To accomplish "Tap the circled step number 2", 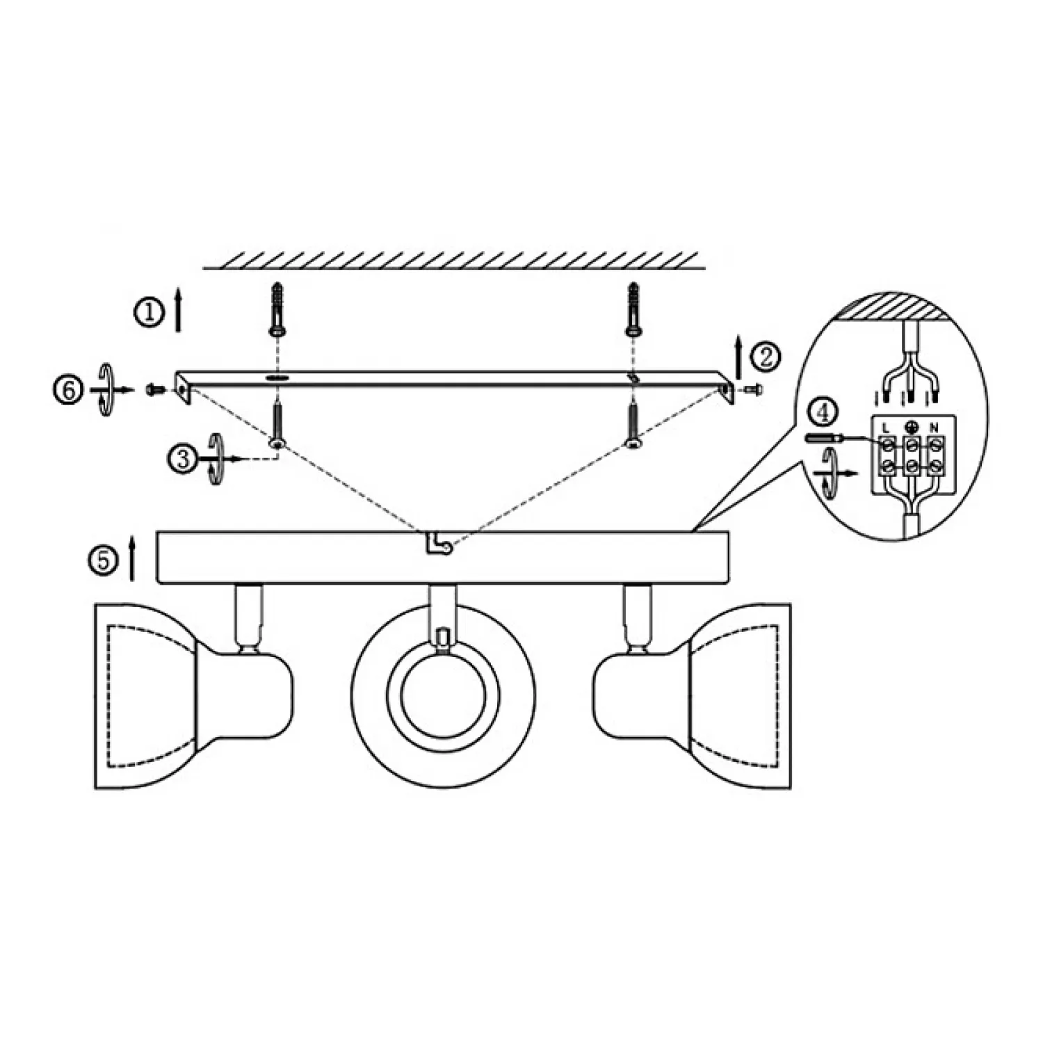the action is point(766,357).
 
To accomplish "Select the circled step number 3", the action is point(183,459).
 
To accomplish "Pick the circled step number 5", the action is point(102,560).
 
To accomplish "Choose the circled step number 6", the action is point(67,390).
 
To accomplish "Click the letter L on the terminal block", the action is point(886,426).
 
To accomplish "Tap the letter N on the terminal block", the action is point(935,426).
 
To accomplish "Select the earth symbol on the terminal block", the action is point(910,426).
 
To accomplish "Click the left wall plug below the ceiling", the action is point(277,309).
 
